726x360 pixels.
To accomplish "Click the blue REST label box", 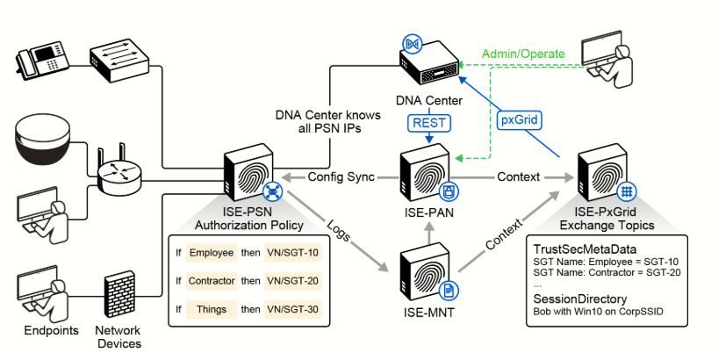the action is [x=429, y=123].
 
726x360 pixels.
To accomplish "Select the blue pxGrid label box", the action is [x=520, y=120].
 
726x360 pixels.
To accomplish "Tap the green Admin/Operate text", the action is [x=523, y=54].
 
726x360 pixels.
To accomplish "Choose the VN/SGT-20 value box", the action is [x=292, y=281].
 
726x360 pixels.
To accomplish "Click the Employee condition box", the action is [x=212, y=253].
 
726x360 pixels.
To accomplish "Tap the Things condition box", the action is [x=212, y=309].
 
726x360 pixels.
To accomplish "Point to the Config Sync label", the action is [x=341, y=177].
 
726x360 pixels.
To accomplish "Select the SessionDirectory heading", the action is [x=580, y=299].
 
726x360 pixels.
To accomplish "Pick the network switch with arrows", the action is [x=119, y=59].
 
